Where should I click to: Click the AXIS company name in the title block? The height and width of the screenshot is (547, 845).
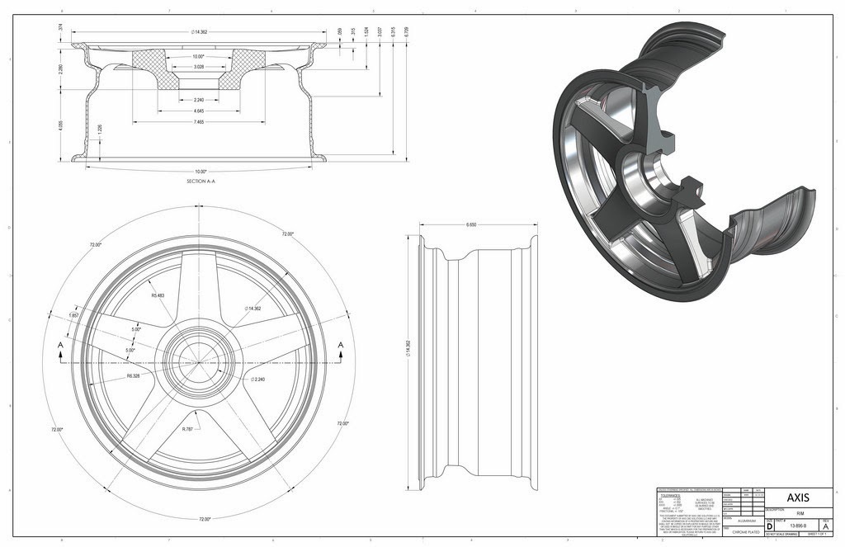click(797, 497)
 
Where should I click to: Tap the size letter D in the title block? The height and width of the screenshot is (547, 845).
click(770, 526)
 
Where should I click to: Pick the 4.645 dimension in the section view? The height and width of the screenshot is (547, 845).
click(196, 110)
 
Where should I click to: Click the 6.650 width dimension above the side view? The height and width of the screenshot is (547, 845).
click(473, 224)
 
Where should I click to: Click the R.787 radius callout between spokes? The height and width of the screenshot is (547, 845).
click(189, 428)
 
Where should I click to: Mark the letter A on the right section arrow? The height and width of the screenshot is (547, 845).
click(339, 345)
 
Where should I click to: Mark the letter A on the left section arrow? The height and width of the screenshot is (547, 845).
click(60, 345)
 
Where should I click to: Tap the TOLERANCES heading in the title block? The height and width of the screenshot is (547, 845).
click(673, 496)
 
